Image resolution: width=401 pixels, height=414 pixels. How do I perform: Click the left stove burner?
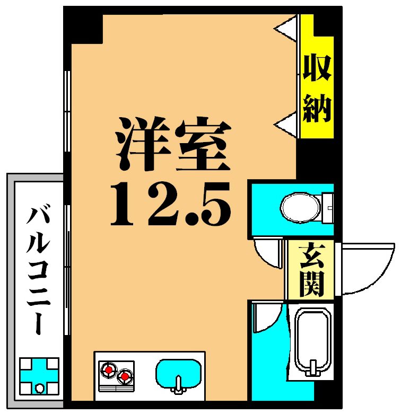tap(109, 369)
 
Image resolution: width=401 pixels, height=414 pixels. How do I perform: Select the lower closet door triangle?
tap(286, 125)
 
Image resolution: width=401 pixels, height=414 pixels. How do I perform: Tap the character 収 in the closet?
tap(317, 69)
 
